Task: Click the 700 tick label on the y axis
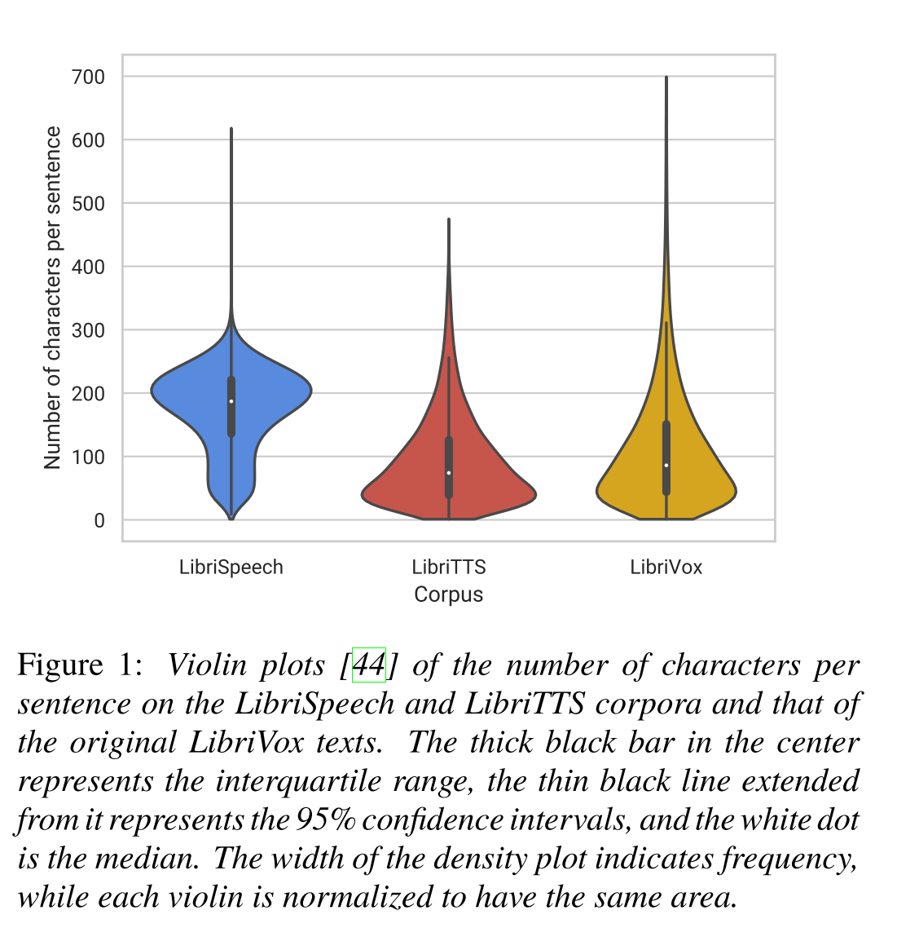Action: (x=89, y=77)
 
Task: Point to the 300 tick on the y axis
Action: (x=89, y=330)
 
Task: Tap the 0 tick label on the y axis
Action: (x=99, y=520)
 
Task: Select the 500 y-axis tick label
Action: (x=89, y=204)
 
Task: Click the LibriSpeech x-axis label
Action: (x=231, y=568)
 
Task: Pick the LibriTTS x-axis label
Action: (x=449, y=568)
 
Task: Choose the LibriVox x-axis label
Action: (x=666, y=568)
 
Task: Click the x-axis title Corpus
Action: (x=449, y=594)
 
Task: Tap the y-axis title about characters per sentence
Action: (x=53, y=298)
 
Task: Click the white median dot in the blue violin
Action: (x=231, y=400)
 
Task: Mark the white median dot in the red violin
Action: (x=449, y=473)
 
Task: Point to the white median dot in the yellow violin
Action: (x=666, y=466)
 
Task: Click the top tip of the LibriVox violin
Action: (x=666, y=77)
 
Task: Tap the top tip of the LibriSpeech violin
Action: (x=231, y=129)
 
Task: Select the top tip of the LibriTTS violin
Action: (x=449, y=219)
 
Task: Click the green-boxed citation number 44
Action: (x=368, y=665)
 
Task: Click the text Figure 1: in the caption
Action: (x=80, y=665)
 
